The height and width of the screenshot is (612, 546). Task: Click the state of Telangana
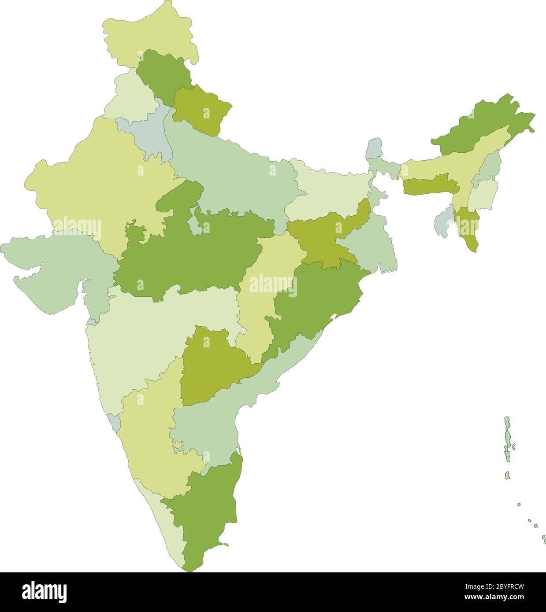(x=212, y=365)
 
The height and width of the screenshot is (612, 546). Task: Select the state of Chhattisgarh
(x=264, y=291)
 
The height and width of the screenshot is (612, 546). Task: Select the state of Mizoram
(x=467, y=229)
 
